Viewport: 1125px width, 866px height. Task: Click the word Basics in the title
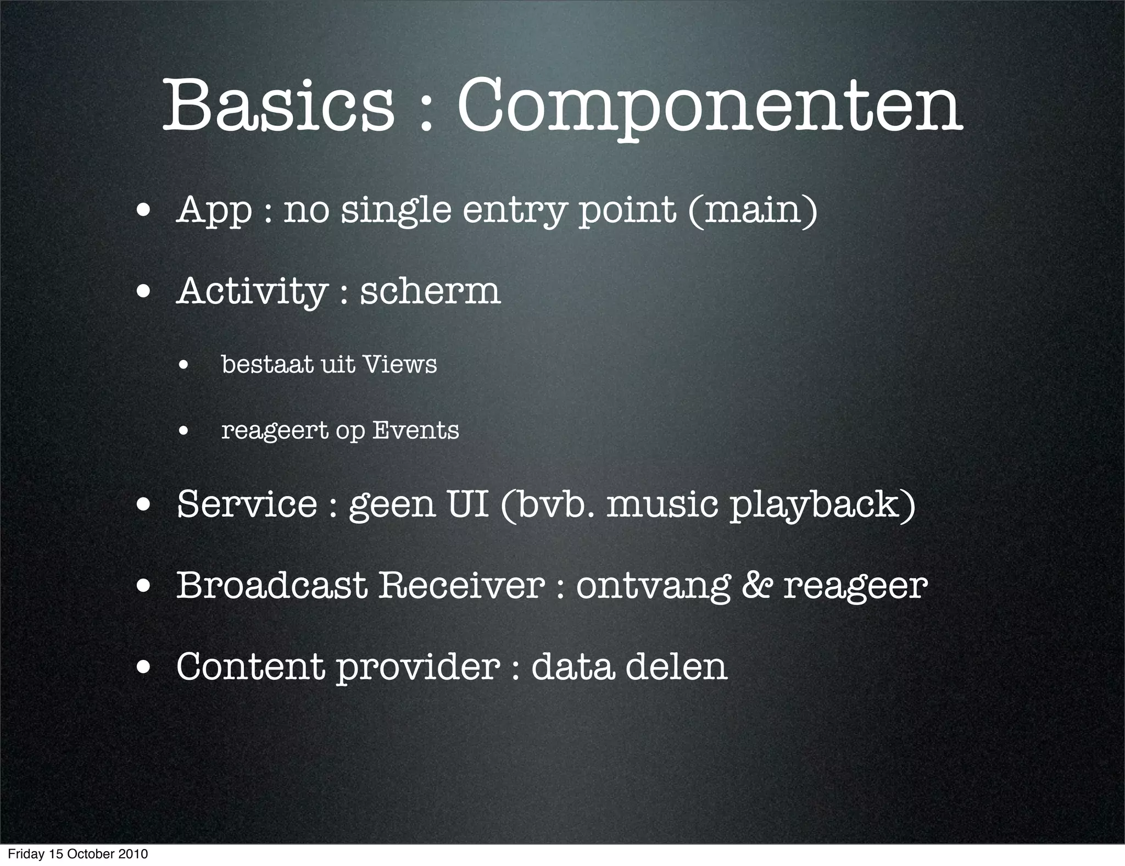(278, 105)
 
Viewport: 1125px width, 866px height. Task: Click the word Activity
(252, 292)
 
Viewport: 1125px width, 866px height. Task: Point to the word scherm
(430, 291)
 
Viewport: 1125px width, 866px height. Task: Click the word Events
(415, 430)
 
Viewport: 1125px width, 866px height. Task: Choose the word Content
(250, 666)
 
